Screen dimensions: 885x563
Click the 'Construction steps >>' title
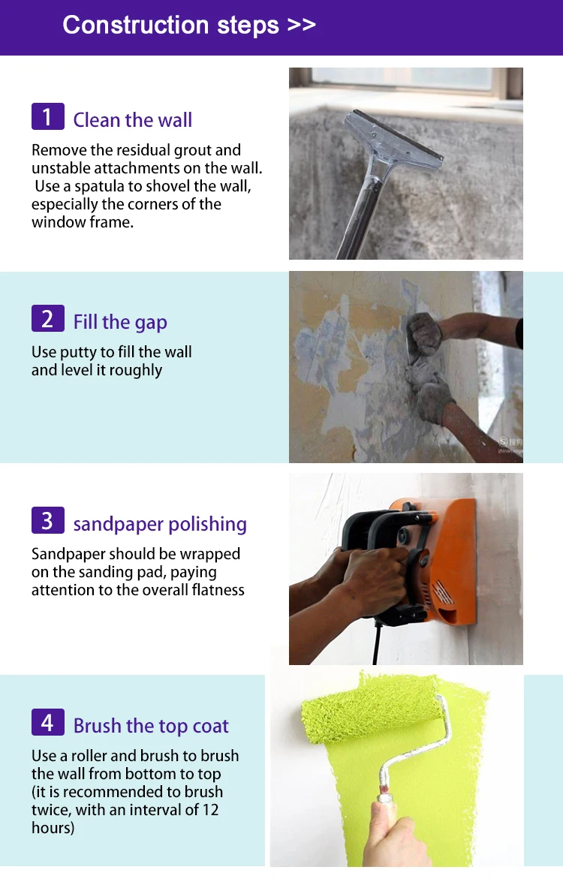point(189,25)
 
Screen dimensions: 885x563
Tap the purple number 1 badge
point(47,116)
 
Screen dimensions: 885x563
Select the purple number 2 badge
point(47,318)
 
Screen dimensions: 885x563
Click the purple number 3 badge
point(47,520)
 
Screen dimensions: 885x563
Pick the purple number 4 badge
point(47,722)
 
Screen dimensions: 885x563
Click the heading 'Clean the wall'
point(132,120)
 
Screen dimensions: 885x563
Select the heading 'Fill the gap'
point(120,322)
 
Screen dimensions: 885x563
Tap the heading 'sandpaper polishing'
point(160,524)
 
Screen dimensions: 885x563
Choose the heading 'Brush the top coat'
point(151,726)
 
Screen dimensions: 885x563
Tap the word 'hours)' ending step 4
point(53,828)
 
